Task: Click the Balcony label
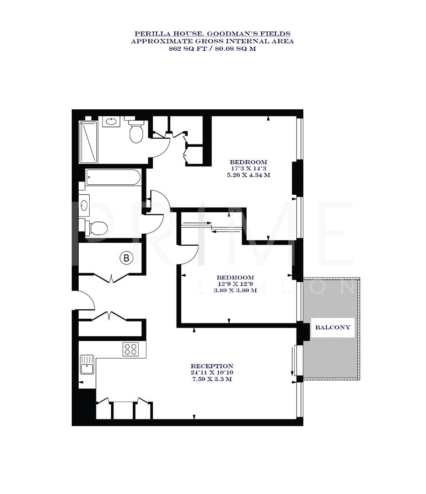333,328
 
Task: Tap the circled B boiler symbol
126,258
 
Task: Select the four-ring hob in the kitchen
130,349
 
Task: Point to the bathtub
113,177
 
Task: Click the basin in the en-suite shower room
110,122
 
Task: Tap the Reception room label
212,366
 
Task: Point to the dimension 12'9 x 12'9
235,284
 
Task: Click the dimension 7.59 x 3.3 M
212,379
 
